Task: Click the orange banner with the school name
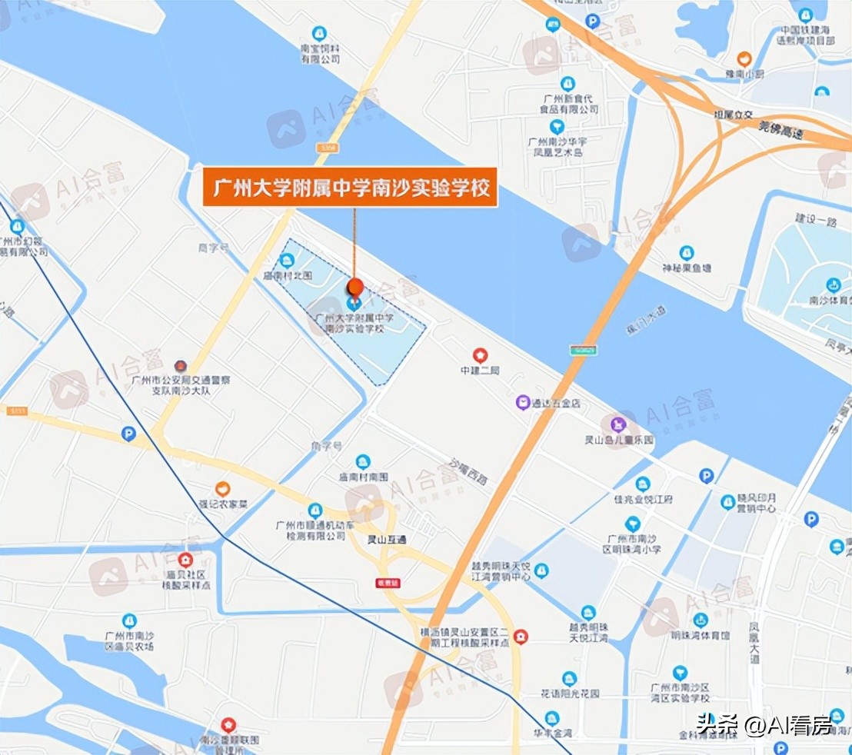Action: [349, 188]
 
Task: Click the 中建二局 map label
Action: [481, 371]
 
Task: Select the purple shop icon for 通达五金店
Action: [523, 402]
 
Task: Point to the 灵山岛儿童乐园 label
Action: [619, 441]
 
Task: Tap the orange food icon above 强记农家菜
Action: [222, 488]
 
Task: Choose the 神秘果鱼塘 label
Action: [687, 268]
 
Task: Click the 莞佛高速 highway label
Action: [780, 131]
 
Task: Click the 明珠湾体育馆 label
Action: [700, 636]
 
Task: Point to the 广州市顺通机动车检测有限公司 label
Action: [315, 530]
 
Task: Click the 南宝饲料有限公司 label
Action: [320, 53]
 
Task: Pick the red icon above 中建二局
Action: [481, 355]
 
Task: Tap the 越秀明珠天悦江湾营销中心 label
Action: [501, 570]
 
